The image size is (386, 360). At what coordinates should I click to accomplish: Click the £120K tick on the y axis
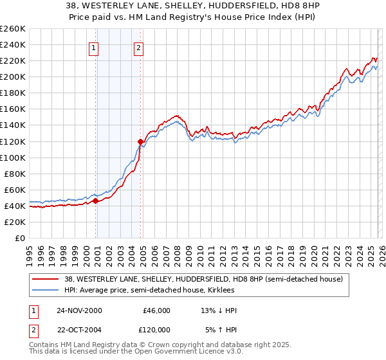tap(12, 141)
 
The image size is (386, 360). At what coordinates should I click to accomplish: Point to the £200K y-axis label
tap(12, 76)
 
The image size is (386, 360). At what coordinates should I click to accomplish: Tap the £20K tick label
tap(15, 222)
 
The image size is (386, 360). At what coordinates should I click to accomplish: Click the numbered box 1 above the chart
tap(94, 47)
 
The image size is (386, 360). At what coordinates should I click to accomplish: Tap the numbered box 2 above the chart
tap(138, 47)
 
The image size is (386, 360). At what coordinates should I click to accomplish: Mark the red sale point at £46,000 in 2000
tap(96, 201)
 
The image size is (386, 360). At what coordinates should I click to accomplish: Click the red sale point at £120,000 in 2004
tap(140, 141)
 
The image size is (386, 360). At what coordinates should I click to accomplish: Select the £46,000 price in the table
tap(156, 310)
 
